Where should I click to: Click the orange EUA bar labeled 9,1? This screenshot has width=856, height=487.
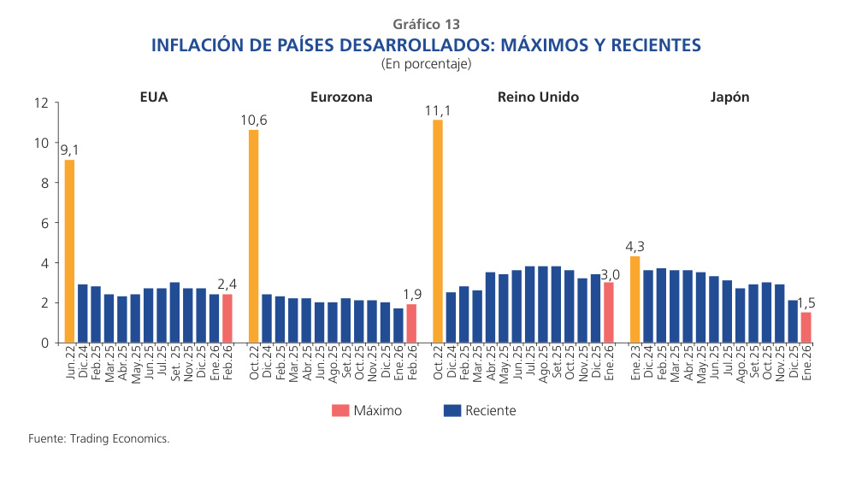pos(69,251)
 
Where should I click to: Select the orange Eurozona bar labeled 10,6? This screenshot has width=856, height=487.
pos(253,236)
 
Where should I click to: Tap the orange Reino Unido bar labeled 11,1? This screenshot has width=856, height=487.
pos(438,231)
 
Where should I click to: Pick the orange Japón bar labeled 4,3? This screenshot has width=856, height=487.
pos(635,299)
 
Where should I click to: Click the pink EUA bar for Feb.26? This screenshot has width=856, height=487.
pos(227,319)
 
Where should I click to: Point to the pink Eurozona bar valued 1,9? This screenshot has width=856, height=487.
pos(411,323)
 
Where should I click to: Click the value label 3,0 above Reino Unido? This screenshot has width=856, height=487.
pos(609,273)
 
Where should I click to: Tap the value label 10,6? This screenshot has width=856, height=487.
pos(253,120)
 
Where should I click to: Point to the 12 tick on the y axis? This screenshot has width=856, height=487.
pos(40,103)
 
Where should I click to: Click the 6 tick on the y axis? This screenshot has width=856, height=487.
pos(44,223)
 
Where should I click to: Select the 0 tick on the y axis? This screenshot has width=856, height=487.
pos(44,343)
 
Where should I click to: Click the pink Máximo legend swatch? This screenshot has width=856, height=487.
pos(341,411)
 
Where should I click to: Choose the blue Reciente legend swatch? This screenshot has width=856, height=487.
pos(452,411)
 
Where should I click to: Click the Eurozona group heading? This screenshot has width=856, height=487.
pos(341,97)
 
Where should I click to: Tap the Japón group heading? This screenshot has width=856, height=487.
pos(729,97)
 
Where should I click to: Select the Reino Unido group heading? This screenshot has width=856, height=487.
pos(538,97)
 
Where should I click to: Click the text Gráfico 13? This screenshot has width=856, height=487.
pos(427,25)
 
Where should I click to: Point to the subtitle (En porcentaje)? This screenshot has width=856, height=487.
pos(427,63)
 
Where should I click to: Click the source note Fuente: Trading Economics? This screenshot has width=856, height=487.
pos(99,438)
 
